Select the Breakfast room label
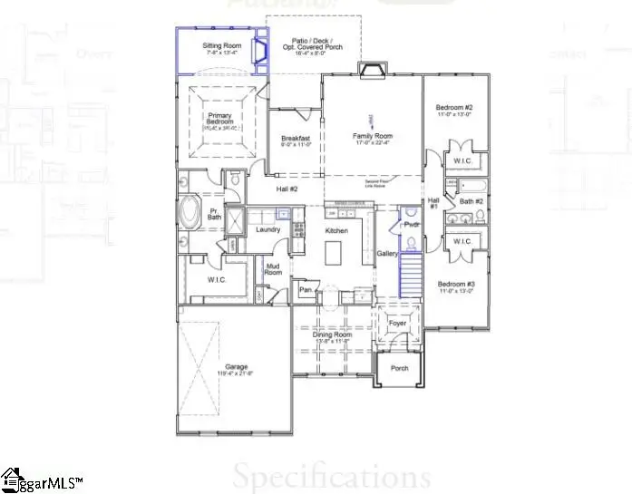click(x=296, y=139)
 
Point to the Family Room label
click(x=373, y=136)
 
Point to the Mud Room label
click(x=273, y=267)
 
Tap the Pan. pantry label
click(x=306, y=290)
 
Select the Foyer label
click(x=397, y=322)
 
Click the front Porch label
click(x=399, y=368)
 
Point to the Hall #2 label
click(x=287, y=189)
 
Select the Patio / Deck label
click(x=312, y=44)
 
